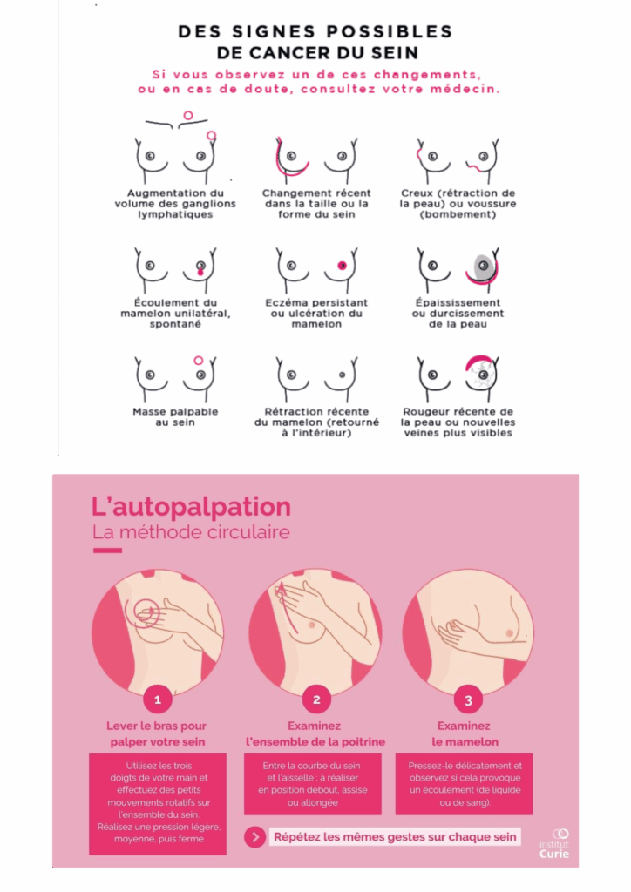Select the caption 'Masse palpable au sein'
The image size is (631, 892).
click(175, 417)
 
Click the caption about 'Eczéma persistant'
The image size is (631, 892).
click(316, 314)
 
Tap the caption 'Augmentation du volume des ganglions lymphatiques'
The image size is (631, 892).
click(175, 204)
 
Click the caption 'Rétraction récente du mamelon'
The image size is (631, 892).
click(316, 422)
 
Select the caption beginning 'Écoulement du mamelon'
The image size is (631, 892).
click(175, 314)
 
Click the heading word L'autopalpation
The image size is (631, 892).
click(191, 506)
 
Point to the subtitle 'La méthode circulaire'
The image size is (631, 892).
click(191, 532)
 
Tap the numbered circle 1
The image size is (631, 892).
click(158, 699)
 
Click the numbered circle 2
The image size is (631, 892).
click(316, 699)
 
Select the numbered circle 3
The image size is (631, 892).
click(468, 700)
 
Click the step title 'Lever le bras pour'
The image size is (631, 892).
click(157, 726)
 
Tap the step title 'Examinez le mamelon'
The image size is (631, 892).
click(465, 733)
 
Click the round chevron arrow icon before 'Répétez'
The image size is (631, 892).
click(254, 837)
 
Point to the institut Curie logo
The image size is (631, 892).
click(555, 844)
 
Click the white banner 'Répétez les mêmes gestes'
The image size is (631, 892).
click(395, 837)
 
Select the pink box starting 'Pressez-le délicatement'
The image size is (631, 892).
click(465, 784)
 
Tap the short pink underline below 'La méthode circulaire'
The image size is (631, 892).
click(107, 551)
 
